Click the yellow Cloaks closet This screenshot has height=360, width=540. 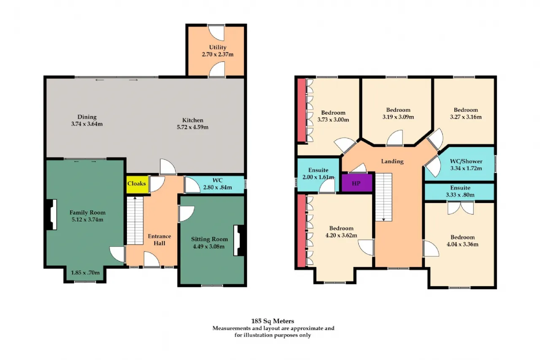pos(137,184)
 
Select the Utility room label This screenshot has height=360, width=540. pos(218,47)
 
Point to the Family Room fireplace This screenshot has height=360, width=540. pos(51,214)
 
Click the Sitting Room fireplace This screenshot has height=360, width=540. pos(239,241)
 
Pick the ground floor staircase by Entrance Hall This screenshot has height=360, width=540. pos(135,220)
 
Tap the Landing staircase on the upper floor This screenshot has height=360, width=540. pos(383,197)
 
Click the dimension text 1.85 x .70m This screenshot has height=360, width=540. pos(85,273)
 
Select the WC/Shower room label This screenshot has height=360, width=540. pos(466,161)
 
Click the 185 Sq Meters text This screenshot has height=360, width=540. pos(273,321)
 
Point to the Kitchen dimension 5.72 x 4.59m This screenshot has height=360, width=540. pos(193,127)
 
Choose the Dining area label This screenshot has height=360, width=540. pos(87,117)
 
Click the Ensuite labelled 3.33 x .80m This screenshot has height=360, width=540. pos(459,192)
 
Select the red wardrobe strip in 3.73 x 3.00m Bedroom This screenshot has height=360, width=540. pos(301,110)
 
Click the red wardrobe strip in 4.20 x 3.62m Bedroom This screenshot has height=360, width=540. pos(301,231)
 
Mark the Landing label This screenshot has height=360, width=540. pos(392,161)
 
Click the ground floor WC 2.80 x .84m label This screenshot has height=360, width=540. pos(217,184)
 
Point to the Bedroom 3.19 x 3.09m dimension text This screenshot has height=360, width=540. pos(398,117)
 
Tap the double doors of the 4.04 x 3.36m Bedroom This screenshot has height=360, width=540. pos(460,208)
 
